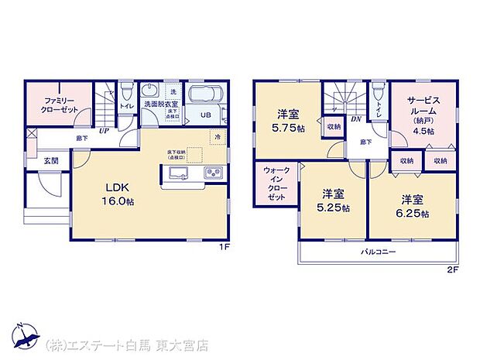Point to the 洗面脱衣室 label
point(159,105)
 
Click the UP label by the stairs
point(103,131)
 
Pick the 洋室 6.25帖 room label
point(412,204)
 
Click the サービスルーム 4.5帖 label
point(421,115)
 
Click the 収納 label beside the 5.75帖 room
point(334,126)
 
